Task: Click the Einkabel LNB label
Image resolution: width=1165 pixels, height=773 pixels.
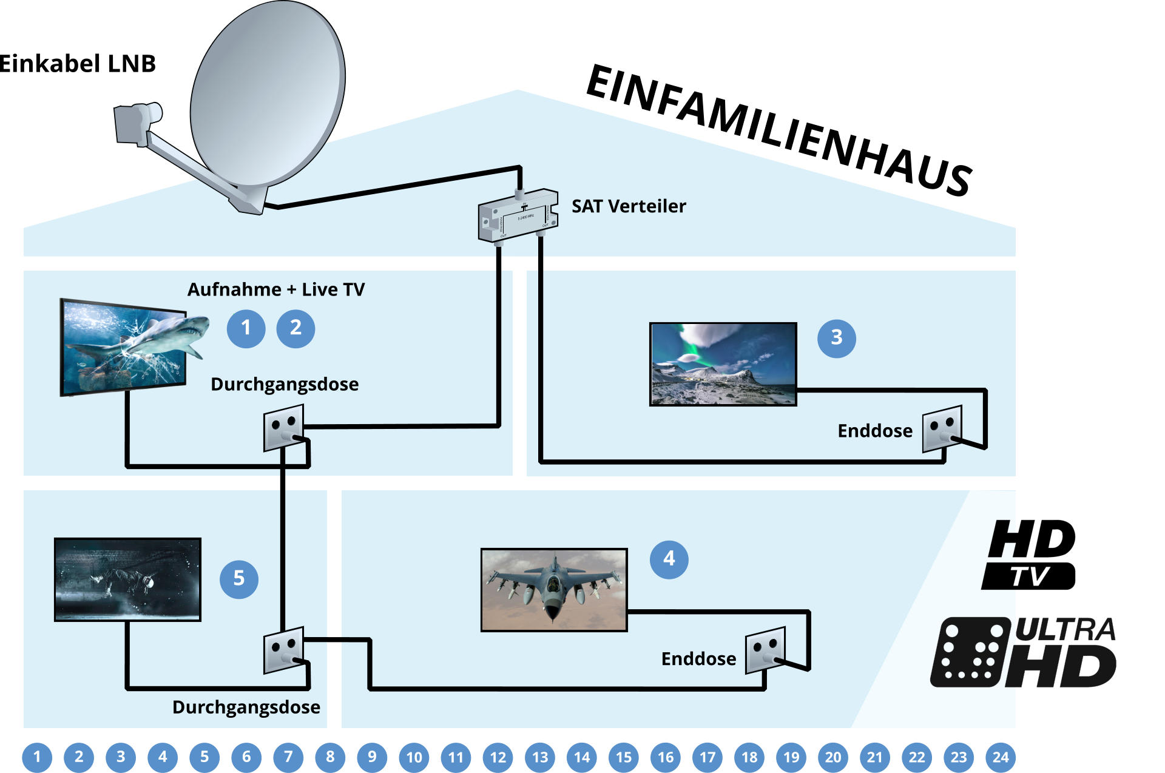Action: [x=78, y=64]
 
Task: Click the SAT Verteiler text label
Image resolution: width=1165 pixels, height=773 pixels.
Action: [x=629, y=206]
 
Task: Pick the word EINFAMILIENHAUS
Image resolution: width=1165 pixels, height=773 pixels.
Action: [x=780, y=130]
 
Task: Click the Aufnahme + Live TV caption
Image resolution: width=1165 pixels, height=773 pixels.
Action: [x=276, y=289]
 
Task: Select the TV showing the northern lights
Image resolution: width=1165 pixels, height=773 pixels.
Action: [x=723, y=364]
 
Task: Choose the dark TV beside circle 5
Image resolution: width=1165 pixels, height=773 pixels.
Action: [x=127, y=579]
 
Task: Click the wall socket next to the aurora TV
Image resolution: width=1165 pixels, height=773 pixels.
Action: [x=942, y=428]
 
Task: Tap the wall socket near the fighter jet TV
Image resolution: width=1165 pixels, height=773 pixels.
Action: [x=765, y=650]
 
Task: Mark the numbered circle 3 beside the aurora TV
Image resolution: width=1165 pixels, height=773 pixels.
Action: [x=836, y=338]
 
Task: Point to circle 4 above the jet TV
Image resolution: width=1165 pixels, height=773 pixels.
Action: [x=669, y=559]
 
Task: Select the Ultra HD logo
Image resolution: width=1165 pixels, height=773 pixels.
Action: [x=1024, y=653]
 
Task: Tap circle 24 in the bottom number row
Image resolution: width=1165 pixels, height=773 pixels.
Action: [x=1000, y=757]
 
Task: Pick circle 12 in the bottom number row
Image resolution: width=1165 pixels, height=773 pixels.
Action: [x=498, y=757]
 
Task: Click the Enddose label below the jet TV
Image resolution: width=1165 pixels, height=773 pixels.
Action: [x=698, y=659]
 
